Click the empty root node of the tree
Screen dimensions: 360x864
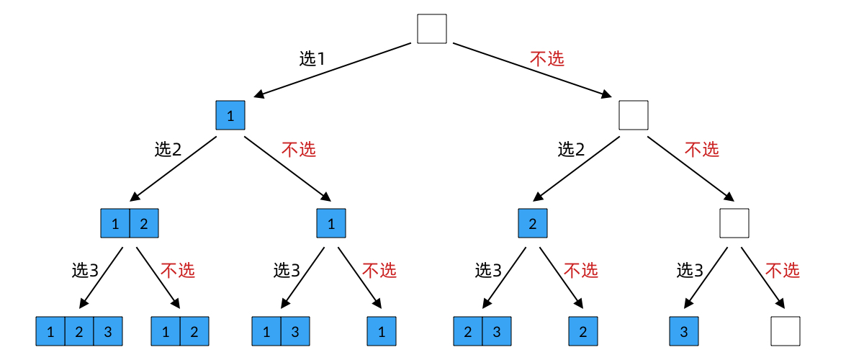click(x=432, y=29)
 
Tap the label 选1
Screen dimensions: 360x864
click(x=312, y=59)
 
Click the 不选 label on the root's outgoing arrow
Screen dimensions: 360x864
click(x=547, y=59)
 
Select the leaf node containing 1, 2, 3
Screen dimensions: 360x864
click(x=79, y=331)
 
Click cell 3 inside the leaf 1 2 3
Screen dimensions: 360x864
click(x=108, y=331)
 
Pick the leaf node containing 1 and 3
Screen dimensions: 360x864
click(x=281, y=331)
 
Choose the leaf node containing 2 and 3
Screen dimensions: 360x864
click(x=482, y=331)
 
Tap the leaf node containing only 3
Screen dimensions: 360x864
click(x=684, y=331)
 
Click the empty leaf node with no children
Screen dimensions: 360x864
click(x=785, y=331)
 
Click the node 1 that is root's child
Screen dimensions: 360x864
click(x=230, y=115)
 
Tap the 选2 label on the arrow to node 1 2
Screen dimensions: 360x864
click(x=168, y=149)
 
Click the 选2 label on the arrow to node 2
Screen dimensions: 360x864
click(x=572, y=149)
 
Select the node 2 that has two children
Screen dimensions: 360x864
click(x=533, y=223)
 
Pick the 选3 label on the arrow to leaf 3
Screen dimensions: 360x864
click(x=690, y=271)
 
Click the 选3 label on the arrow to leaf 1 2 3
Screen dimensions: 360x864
click(x=85, y=271)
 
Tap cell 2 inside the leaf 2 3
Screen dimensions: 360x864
click(x=468, y=331)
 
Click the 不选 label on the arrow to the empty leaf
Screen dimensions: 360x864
click(x=782, y=271)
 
